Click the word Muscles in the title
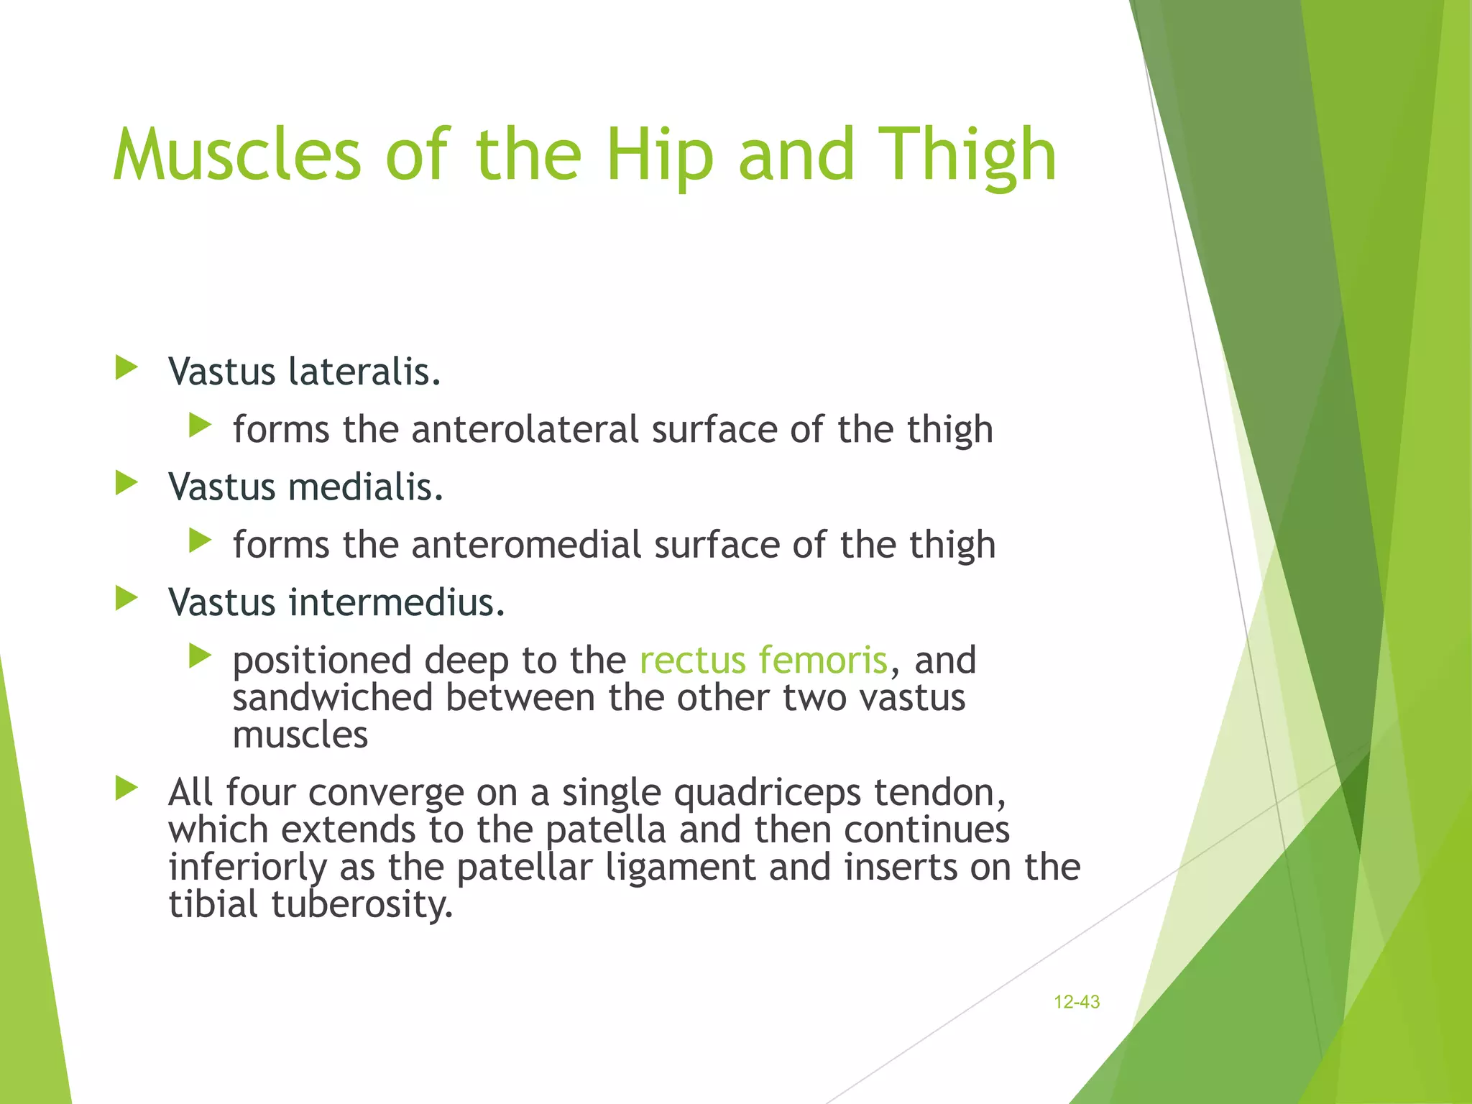pos(237,155)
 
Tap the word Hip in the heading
pos(659,155)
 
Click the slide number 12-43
pos(1076,1002)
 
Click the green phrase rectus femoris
pos(763,660)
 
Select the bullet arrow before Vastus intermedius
pos(126,598)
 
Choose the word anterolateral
pos(525,429)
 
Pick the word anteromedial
pos(526,544)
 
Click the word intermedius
pos(397,602)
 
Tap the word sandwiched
pos(332,697)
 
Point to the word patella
pos(605,830)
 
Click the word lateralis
pos(364,372)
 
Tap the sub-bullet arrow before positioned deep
pos(200,655)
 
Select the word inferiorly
pos(247,868)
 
